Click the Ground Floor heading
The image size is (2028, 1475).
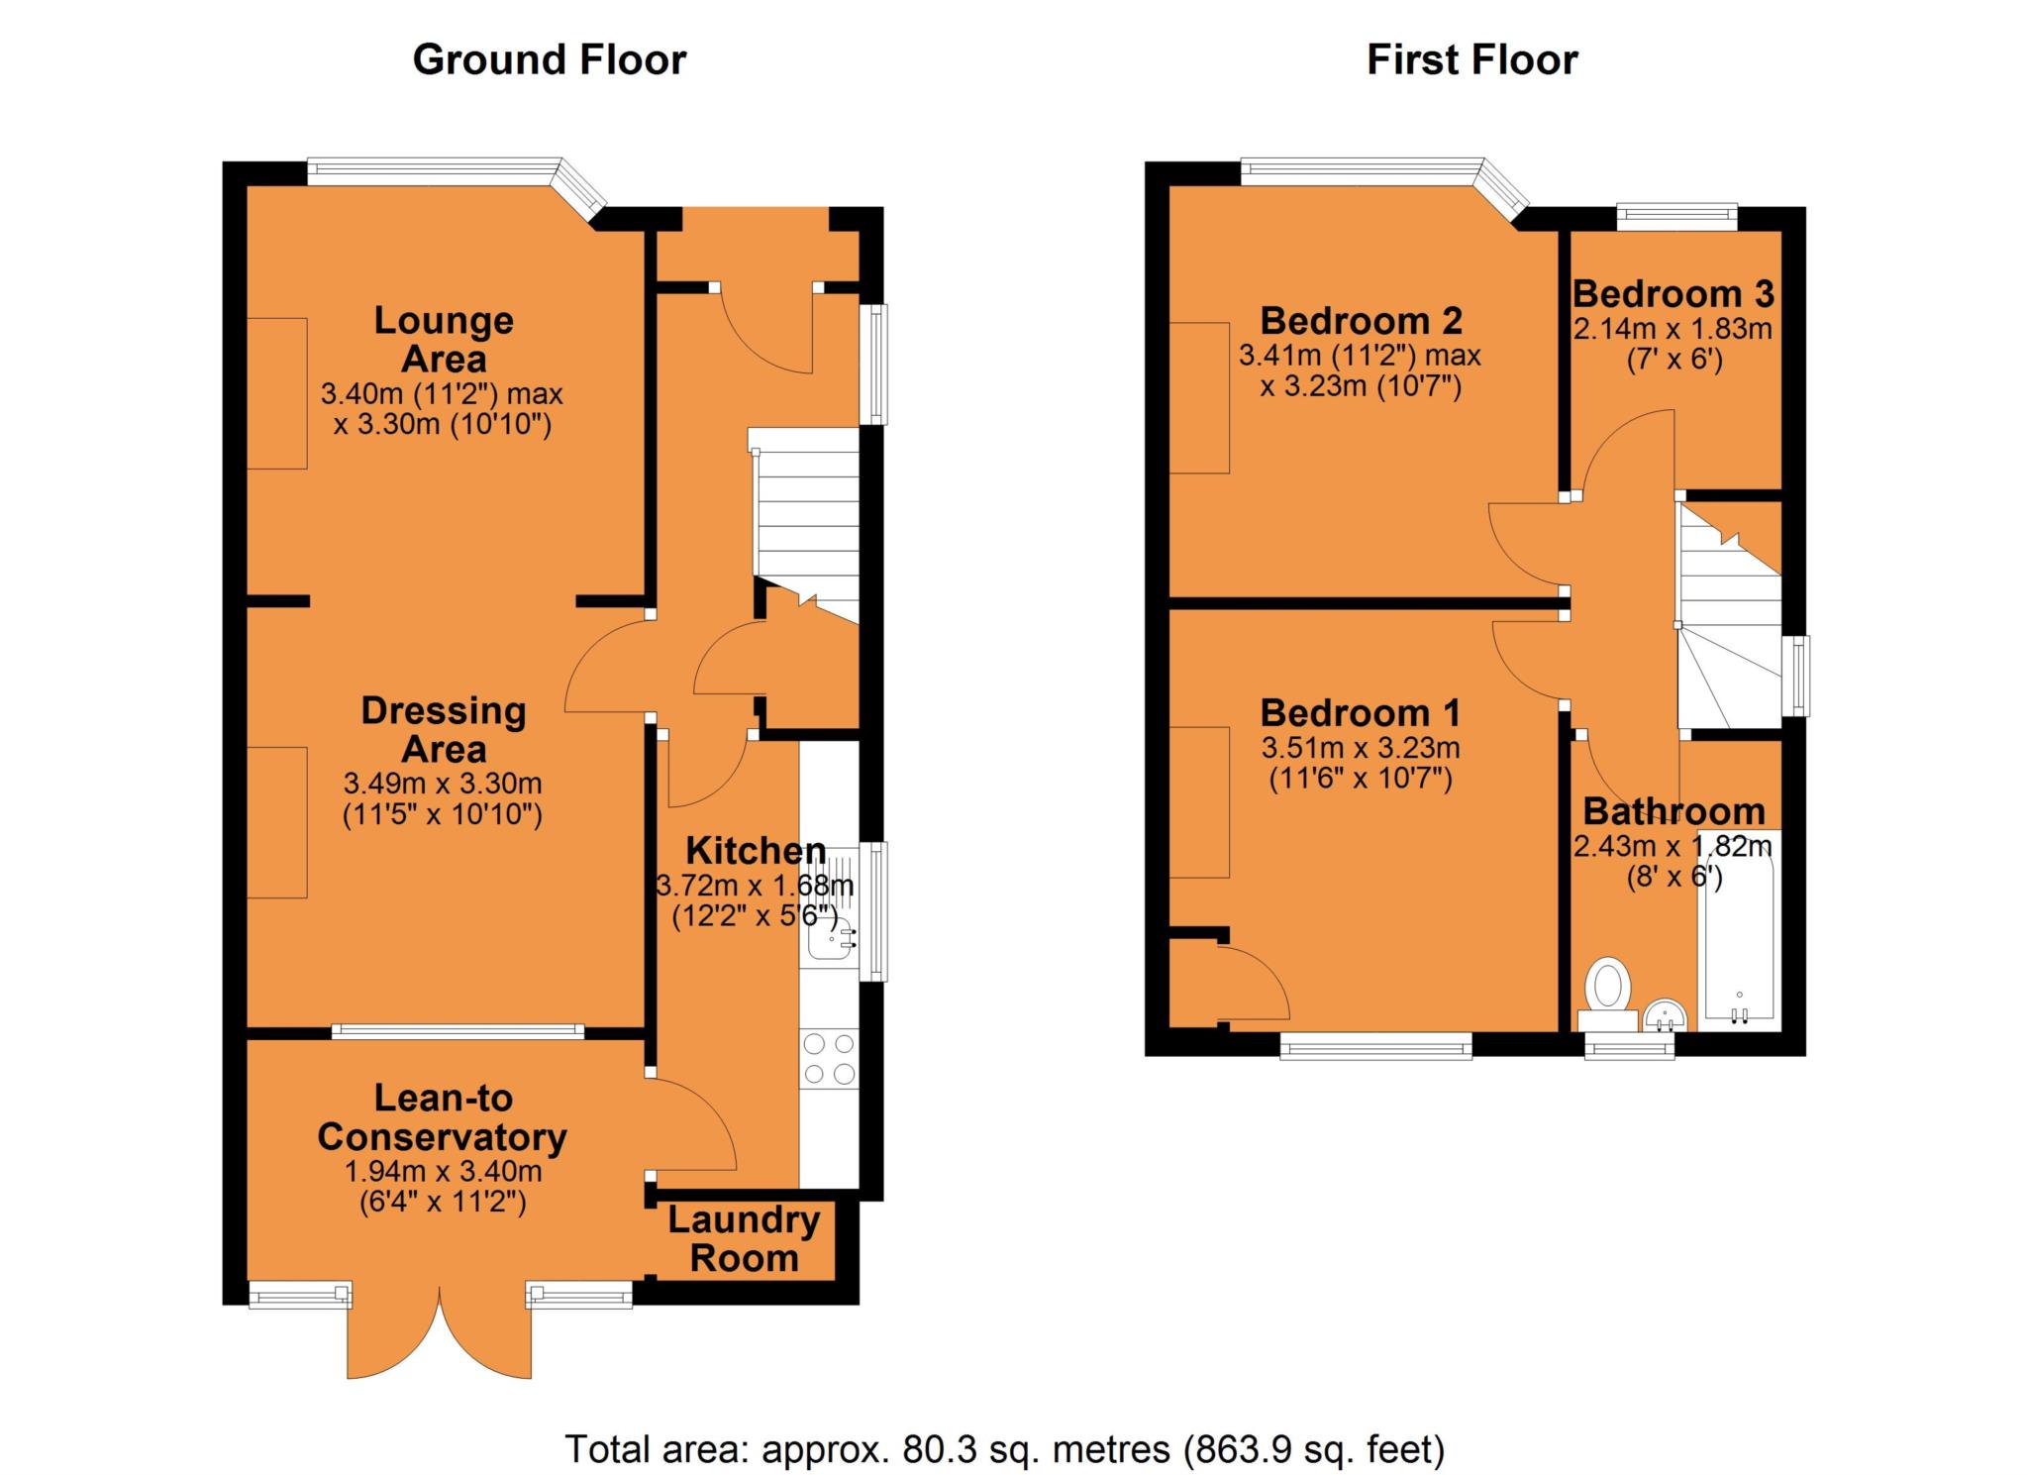coord(550,60)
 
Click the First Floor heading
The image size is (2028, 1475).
coord(1472,60)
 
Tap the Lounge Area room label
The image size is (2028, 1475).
coord(444,339)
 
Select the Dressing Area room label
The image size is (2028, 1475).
coord(444,729)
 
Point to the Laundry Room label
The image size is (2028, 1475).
coord(744,1238)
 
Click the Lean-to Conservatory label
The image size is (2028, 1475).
coord(443,1117)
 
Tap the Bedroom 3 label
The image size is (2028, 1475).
coord(1673,293)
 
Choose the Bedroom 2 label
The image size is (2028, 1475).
coord(1361,320)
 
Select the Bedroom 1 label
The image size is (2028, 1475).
coord(1361,712)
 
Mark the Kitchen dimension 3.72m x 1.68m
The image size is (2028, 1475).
coord(756,885)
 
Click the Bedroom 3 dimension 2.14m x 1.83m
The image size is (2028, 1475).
coord(1673,329)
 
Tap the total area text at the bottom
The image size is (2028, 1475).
coord(1005,1449)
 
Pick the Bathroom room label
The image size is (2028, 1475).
coord(1674,811)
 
